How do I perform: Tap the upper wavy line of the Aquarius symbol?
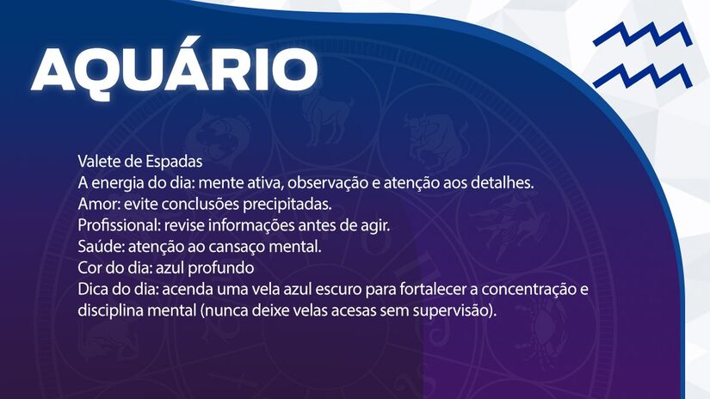(x=641, y=37)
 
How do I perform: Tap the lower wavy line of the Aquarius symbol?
(x=641, y=75)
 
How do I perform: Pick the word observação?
(x=344, y=183)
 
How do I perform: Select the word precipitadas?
(x=287, y=205)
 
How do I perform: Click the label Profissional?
(x=116, y=225)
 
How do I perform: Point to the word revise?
(x=181, y=225)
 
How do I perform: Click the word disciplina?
(x=108, y=310)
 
